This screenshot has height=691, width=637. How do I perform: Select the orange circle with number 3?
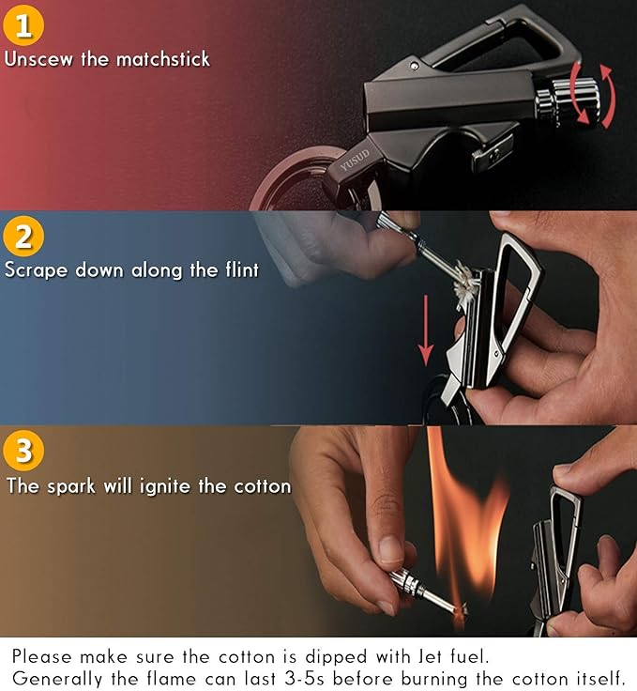pyautogui.click(x=24, y=452)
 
